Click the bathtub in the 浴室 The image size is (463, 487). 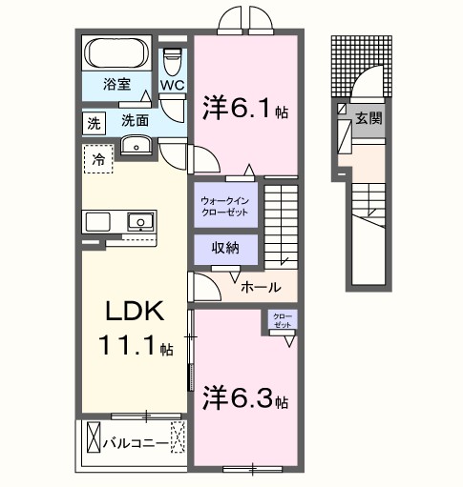point(115,51)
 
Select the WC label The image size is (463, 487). point(172,85)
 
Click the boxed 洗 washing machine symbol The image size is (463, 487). point(94,122)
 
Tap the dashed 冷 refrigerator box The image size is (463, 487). point(97,160)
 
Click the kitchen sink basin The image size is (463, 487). point(139,222)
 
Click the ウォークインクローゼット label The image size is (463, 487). point(226,206)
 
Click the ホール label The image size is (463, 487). point(260,286)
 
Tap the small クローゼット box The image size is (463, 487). point(283,320)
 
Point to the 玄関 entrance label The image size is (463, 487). point(368,120)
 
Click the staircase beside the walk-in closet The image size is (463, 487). point(283,225)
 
